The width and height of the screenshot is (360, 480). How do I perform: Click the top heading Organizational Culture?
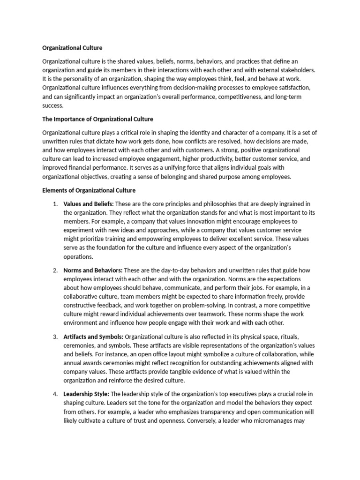(72, 48)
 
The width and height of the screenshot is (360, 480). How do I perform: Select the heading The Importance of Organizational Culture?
(97, 119)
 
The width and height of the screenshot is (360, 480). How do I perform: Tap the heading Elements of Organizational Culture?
(89, 190)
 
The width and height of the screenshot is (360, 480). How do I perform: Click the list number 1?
(55, 204)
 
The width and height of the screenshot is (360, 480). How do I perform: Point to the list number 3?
(55, 337)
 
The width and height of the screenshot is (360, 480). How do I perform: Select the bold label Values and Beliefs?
(89, 204)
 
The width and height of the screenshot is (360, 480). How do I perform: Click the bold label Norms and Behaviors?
(93, 270)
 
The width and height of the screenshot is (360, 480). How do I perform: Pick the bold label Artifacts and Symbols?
(93, 337)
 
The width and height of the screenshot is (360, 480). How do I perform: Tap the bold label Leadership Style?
(86, 394)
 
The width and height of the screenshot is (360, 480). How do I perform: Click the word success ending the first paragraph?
(52, 106)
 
